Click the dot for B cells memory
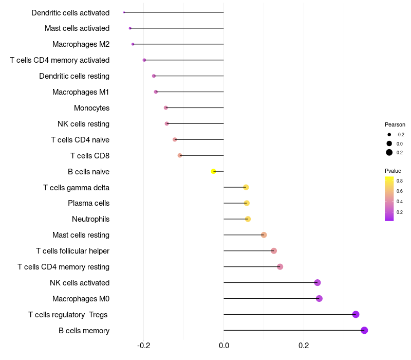pos(364,330)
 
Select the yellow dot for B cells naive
pos(214,171)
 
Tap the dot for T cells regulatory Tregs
pos(356,314)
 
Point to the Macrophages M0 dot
pos(319,298)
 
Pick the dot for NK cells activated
pos(317,282)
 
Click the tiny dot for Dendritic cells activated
pos(124,12)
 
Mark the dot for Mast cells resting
pos(264,235)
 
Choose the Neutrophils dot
pos(248,219)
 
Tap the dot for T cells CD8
pos(180,155)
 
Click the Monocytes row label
pos(91,108)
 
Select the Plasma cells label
pos(88,203)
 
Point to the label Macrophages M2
pos(81,44)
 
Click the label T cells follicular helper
pos(72,251)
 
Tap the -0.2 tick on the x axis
pos(144,345)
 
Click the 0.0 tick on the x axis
pos(224,345)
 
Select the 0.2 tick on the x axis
pos(304,345)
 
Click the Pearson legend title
pos(395,124)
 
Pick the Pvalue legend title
pos(393,171)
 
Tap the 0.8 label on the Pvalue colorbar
pos(399,181)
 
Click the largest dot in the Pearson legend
pos(389,152)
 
